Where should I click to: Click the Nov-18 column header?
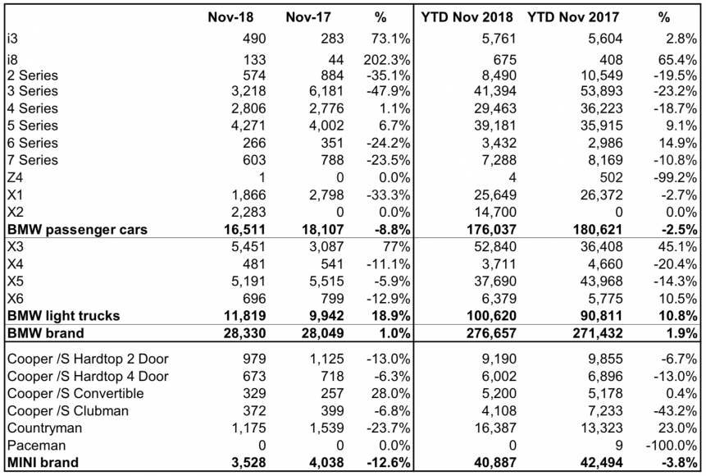(229, 16)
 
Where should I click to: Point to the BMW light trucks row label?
(62, 315)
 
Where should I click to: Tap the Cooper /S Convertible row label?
(75, 393)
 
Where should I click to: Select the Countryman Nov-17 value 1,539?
(308, 428)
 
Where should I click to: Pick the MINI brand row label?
(42, 462)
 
